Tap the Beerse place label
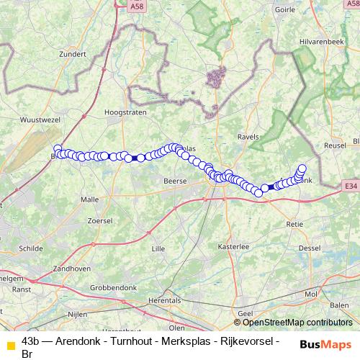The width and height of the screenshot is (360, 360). pyautogui.click(x=176, y=181)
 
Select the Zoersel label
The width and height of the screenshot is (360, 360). pyautogui.click(x=99, y=220)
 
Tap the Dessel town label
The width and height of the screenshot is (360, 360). pyautogui.click(x=309, y=248)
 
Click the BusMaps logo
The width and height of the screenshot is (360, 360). pyautogui.click(x=326, y=343)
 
